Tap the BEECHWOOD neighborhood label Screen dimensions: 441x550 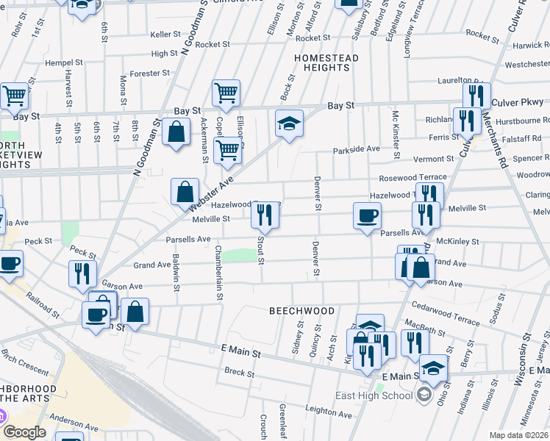coord(301,311)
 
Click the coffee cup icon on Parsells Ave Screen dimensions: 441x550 coord(367,215)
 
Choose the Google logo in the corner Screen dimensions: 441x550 coord(24,432)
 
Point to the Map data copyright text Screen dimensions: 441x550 coord(519,435)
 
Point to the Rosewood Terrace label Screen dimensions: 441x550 coord(413,178)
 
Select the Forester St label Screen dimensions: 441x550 coord(149,73)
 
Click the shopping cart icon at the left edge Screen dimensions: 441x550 coord(14,96)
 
